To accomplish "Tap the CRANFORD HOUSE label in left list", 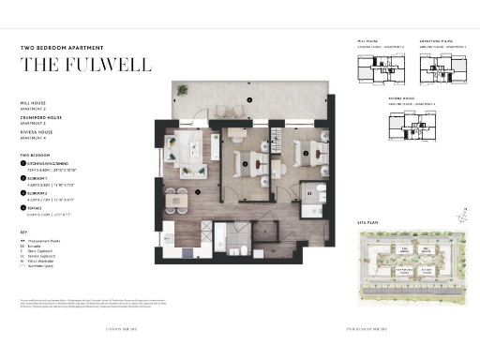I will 39,117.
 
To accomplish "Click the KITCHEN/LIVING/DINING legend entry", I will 51,162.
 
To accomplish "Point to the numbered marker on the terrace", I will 249,100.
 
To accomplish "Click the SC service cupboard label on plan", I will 274,251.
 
